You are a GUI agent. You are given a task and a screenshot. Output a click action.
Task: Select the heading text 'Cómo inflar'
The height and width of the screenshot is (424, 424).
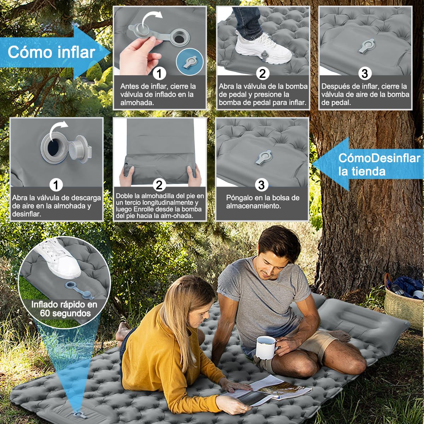pyautogui.click(x=52, y=52)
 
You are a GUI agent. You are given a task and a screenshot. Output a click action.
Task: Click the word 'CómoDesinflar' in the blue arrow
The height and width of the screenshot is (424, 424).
pyautogui.click(x=379, y=158)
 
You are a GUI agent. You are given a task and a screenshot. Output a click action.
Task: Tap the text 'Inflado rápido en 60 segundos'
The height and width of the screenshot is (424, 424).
pyautogui.click(x=64, y=309)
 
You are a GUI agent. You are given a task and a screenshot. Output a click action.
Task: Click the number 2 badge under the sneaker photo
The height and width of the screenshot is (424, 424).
pyautogui.click(x=263, y=73)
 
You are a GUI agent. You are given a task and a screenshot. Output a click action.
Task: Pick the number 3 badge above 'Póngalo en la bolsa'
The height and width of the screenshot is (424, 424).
pyautogui.click(x=261, y=185)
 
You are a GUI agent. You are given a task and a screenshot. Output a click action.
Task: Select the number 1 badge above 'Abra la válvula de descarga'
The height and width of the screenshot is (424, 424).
pyautogui.click(x=56, y=185)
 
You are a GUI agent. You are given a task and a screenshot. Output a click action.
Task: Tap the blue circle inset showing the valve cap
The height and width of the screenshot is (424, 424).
pyautogui.click(x=190, y=62)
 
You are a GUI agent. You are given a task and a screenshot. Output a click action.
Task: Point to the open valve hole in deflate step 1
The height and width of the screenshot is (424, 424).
pyautogui.click(x=53, y=147)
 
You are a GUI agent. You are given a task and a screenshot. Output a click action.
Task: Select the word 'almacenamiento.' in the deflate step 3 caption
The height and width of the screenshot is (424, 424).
pyautogui.click(x=253, y=206)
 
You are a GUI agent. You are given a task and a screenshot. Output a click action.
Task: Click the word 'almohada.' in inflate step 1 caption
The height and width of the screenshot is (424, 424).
pyautogui.click(x=137, y=102)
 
